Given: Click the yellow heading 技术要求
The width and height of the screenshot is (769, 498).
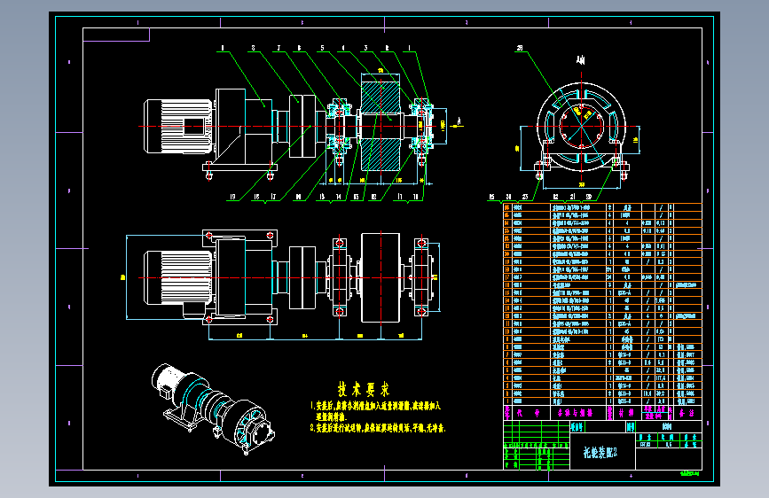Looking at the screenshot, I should coord(364,388).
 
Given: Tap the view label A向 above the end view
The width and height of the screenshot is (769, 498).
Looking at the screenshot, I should coord(580,61).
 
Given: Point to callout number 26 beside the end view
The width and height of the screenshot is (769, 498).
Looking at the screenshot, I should coord(520,50).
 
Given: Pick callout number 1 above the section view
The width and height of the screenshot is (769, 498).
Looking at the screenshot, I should coord(409,49).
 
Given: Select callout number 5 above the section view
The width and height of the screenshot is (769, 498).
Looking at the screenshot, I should coord(320,49).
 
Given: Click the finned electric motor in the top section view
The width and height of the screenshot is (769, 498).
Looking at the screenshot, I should coord(177,127).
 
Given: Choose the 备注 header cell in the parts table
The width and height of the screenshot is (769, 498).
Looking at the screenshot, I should coord(681,412).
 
